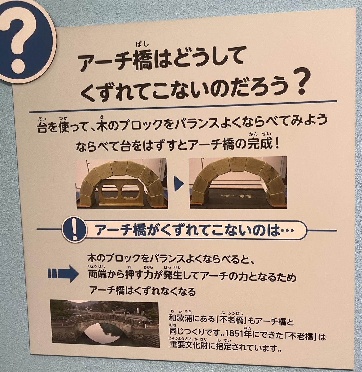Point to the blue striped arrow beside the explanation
pyautogui.click(x=63, y=273)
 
